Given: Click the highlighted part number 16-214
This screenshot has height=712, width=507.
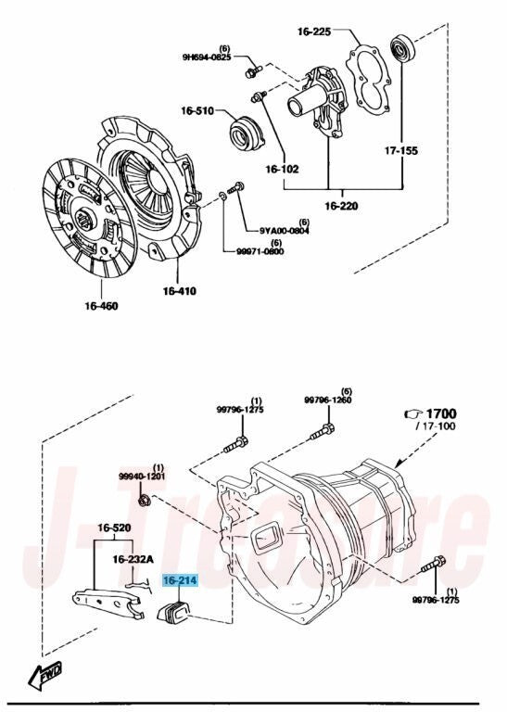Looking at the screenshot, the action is (181, 580).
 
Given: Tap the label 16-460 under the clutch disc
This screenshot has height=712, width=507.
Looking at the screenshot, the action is (101, 306).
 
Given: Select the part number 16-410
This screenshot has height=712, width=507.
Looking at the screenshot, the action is (180, 291).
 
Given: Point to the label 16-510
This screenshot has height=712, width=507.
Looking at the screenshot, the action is (197, 110).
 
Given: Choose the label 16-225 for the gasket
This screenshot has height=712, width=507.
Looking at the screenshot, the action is (314, 32).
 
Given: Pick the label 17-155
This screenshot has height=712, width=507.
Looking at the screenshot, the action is (401, 150).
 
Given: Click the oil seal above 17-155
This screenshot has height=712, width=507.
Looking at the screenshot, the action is (402, 48).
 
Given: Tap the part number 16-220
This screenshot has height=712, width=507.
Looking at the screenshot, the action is (341, 206).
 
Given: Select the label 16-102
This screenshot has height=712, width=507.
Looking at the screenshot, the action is (283, 170).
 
